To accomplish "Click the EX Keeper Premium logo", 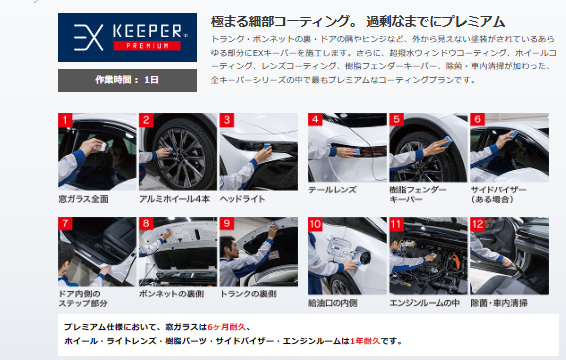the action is point(127,38).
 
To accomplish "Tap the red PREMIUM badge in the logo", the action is point(147,46).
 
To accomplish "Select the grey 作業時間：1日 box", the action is point(127,80).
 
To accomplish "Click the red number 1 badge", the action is point(65,120).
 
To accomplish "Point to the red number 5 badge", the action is point(396,120).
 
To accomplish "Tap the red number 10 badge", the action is point(315,224).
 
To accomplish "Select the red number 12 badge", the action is point(477,224).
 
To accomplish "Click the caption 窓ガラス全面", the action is point(83,199).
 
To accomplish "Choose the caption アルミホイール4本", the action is point(174,199).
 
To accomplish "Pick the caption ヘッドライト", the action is point(243,199).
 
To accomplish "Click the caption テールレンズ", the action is point(332,190).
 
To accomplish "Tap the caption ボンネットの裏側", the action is point(171,294).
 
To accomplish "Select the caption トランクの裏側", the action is point(248,294).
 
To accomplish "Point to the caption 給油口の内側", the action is point(332,303).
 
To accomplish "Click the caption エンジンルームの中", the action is point(424,303).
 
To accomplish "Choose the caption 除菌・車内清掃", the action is point(499,303).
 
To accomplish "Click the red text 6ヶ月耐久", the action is point(226,327).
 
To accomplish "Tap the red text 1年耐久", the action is point(365,341).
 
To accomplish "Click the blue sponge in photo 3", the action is point(267,146).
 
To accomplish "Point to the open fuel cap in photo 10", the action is point(362,256).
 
